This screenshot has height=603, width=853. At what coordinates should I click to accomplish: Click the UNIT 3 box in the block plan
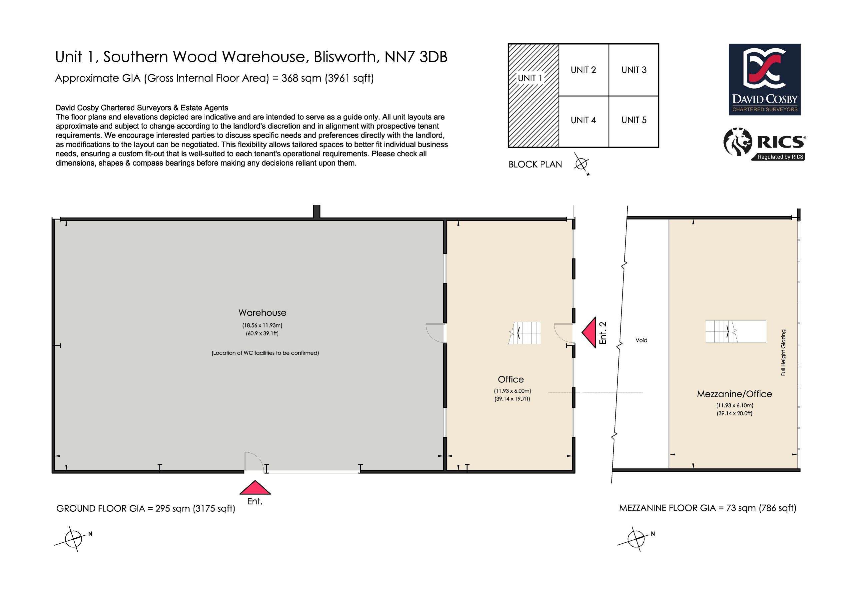(x=634, y=70)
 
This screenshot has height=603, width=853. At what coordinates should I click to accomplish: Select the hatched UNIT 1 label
(x=530, y=78)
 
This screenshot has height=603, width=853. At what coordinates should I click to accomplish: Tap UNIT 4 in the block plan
(x=583, y=120)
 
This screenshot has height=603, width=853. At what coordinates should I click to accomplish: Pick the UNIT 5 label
(x=634, y=120)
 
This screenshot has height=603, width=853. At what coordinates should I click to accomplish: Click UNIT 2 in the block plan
(x=583, y=70)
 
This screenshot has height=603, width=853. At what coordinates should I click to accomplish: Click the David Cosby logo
(x=765, y=80)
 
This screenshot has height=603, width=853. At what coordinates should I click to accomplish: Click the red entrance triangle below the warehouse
(x=255, y=487)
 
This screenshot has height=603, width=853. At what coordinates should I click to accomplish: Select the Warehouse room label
(x=262, y=313)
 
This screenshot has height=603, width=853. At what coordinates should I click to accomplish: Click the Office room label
(x=511, y=379)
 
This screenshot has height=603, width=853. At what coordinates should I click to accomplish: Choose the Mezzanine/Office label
(x=734, y=394)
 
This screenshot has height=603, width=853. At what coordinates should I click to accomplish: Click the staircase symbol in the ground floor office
(x=524, y=333)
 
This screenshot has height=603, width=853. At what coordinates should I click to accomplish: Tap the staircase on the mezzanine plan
(x=736, y=331)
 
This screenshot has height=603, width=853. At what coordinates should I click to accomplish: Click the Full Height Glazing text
(x=783, y=352)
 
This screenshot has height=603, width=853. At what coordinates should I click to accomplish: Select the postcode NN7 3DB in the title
(x=416, y=57)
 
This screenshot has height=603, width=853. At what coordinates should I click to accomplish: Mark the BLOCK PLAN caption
(x=535, y=164)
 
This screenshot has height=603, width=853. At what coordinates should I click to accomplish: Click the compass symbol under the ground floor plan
(x=73, y=538)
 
